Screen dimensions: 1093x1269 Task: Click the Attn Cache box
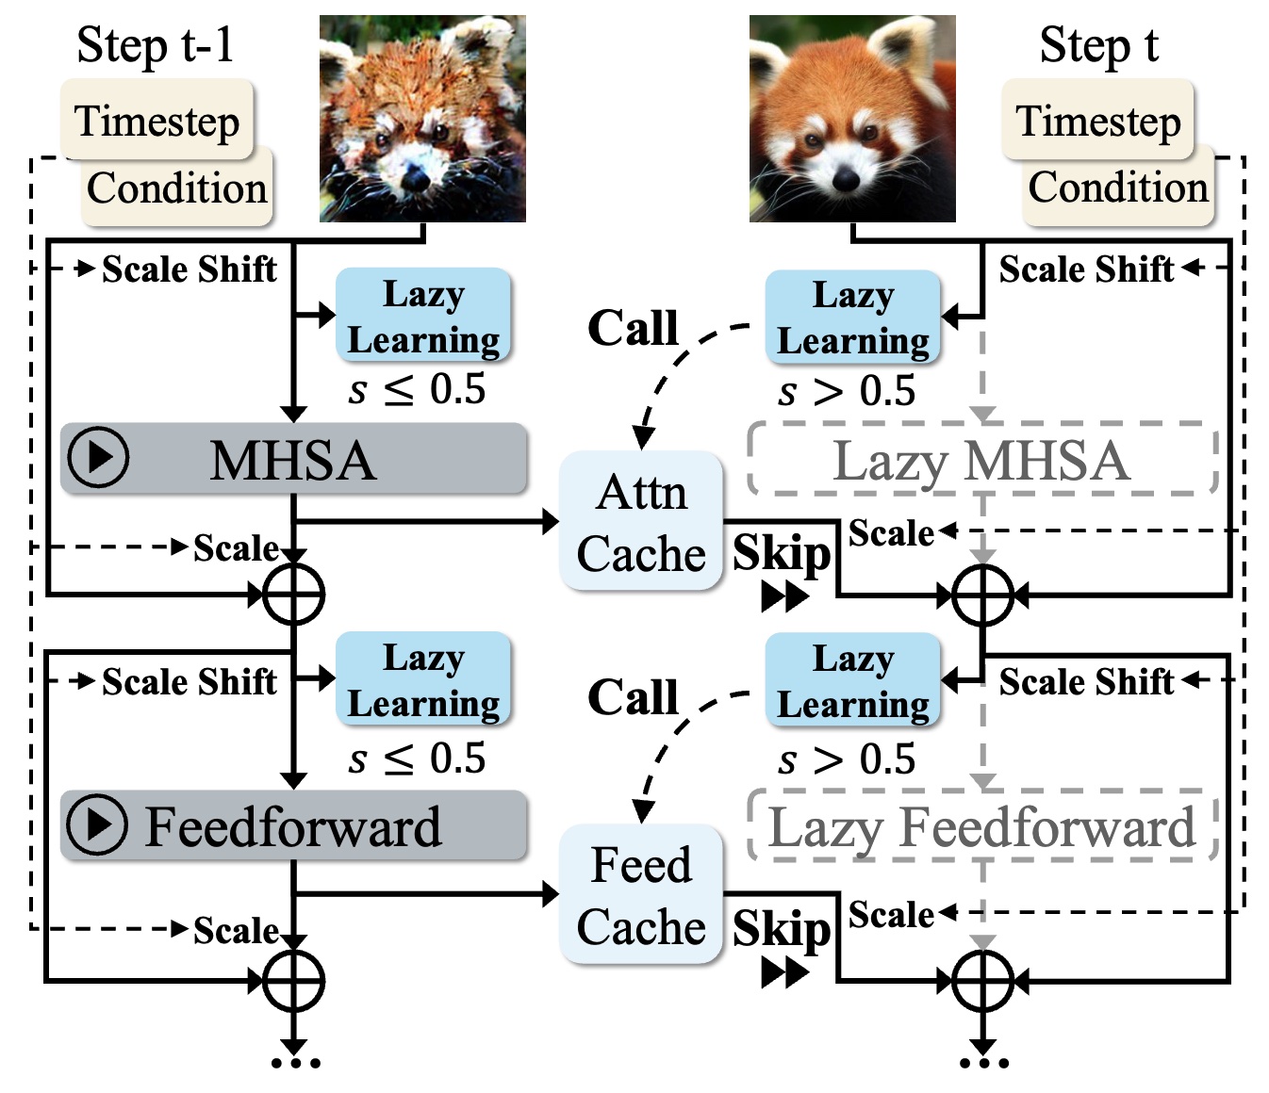641,522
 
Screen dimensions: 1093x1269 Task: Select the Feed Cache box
641,895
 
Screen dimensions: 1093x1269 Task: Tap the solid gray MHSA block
293,460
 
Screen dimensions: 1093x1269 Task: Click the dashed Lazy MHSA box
981,461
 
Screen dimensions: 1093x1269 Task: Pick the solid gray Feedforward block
293,826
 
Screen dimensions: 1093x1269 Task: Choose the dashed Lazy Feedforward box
981,827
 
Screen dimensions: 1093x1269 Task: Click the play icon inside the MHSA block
99,458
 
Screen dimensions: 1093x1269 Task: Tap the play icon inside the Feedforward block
97,824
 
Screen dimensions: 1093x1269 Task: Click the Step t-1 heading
155,44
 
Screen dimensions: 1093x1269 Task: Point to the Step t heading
1098,44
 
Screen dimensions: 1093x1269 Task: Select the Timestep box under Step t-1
157,121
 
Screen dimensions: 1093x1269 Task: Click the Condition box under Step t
1118,188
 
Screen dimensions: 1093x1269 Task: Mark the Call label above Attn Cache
633,328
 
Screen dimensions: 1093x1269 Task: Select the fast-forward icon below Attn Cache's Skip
784,597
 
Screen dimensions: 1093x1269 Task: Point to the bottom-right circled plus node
982,981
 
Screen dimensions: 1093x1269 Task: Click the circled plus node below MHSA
293,595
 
